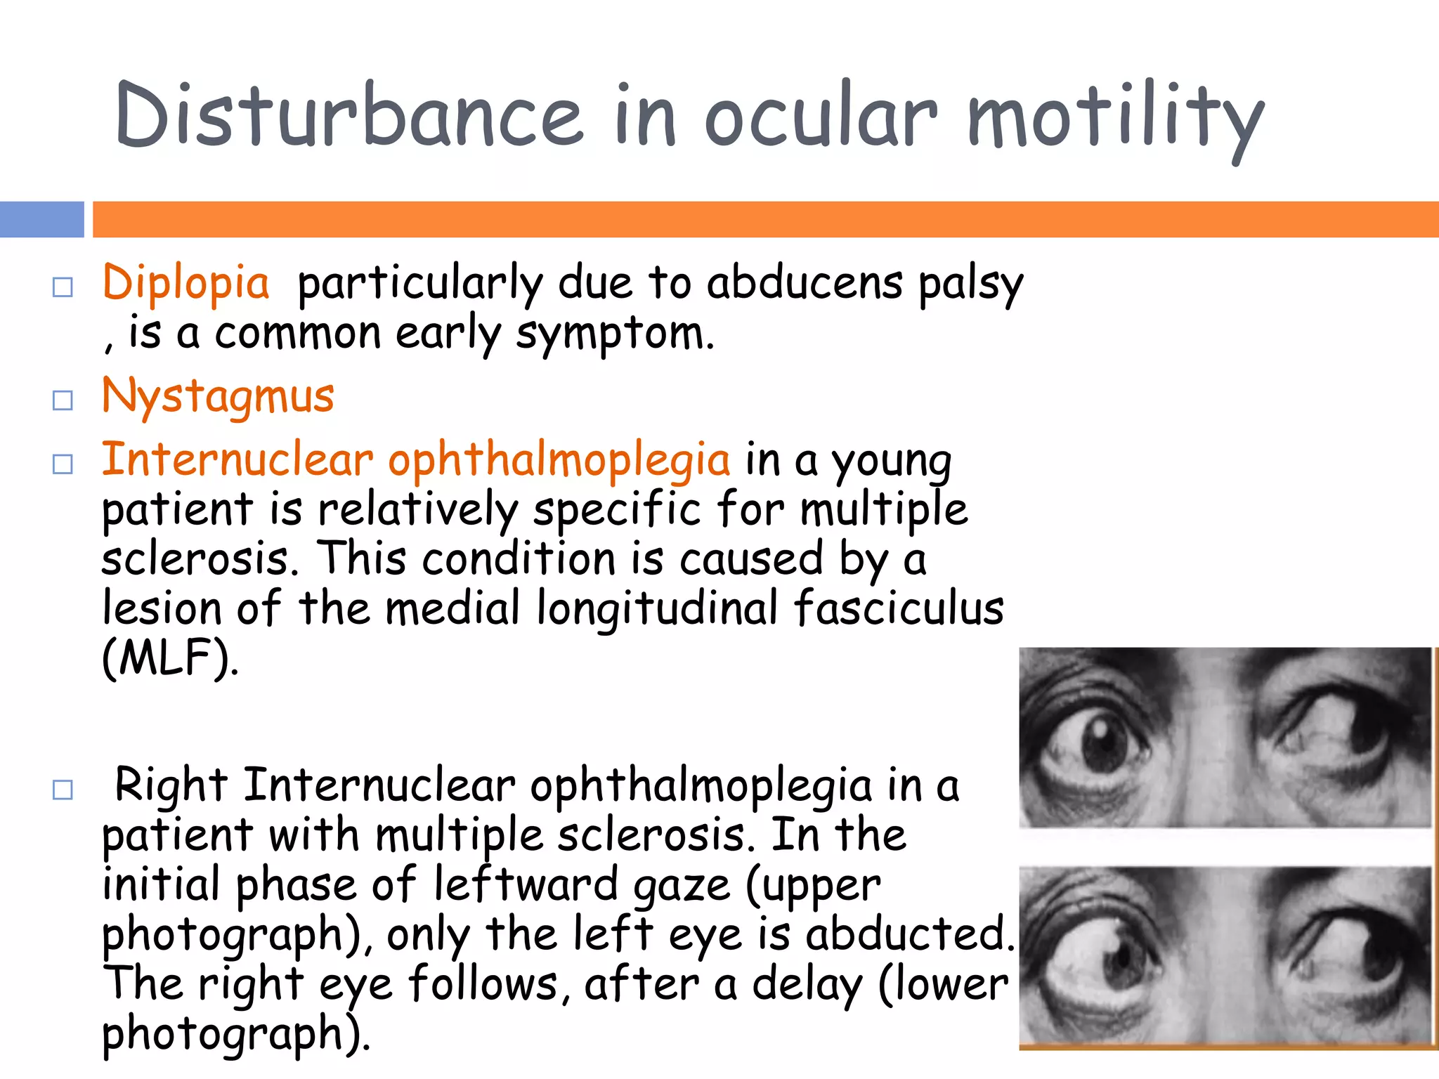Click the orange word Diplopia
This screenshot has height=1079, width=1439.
click(185, 283)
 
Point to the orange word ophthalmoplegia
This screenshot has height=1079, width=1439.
click(559, 460)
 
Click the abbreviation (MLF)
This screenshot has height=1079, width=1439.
click(169, 658)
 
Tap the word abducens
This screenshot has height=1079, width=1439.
click(804, 283)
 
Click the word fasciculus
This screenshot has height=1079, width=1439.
click(899, 608)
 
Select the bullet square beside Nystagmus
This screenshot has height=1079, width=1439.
click(63, 400)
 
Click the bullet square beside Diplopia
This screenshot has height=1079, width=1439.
click(63, 287)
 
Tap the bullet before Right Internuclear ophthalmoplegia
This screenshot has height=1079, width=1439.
click(63, 790)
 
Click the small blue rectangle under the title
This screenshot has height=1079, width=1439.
click(41, 219)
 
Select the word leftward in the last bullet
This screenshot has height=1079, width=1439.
click(526, 885)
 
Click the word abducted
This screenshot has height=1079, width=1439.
click(909, 935)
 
